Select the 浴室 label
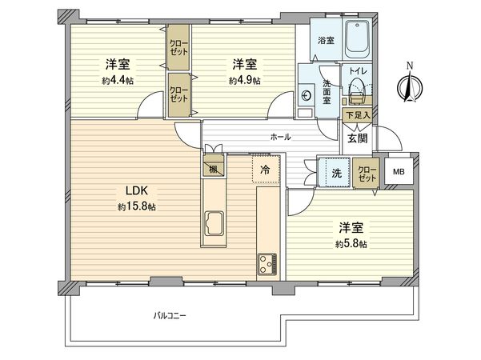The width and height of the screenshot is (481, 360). click(x=326, y=40)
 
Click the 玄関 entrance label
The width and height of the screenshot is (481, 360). click(x=357, y=138)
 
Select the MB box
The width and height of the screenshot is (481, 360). click(x=399, y=171)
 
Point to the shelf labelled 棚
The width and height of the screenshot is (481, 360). click(x=214, y=170)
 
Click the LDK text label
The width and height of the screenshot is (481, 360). click(x=133, y=190)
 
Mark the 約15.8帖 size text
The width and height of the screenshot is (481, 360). click(x=133, y=206)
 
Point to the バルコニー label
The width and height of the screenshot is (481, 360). click(x=170, y=315)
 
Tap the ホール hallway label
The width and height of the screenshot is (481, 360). click(x=280, y=138)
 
